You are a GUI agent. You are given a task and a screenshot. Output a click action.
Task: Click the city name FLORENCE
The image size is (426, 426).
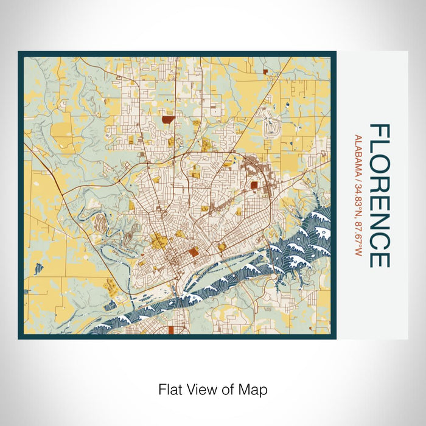click(x=379, y=195)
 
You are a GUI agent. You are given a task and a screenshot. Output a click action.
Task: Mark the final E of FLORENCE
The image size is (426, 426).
click(x=379, y=259)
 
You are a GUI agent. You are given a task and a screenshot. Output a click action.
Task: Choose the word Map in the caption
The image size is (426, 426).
click(x=254, y=389)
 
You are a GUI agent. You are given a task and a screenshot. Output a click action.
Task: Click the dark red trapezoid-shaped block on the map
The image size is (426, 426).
click(x=167, y=120)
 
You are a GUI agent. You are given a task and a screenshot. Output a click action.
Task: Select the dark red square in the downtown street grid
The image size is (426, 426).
click(x=193, y=251)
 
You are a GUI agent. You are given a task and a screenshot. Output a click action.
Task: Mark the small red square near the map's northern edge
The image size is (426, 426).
click(x=266, y=72)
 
